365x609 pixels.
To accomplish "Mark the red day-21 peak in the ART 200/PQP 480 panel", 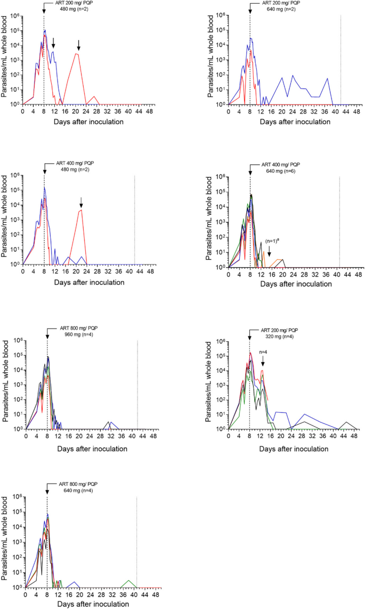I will coord(77,54).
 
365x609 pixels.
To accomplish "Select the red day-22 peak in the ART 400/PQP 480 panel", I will coord(81,210).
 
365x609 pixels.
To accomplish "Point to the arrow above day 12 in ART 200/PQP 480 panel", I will coord(53,43).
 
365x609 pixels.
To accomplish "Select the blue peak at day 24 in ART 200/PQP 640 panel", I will coord(293,76).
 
